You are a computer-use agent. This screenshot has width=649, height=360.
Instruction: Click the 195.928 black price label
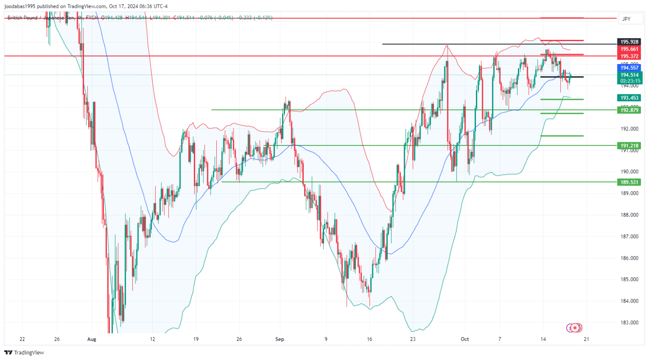629,42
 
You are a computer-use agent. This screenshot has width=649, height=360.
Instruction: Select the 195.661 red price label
629,49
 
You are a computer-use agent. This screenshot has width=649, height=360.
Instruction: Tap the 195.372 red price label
629,57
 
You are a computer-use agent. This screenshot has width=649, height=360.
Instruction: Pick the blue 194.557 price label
629,68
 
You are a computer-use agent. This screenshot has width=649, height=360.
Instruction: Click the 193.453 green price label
629,98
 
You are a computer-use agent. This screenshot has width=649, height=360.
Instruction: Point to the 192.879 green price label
629,110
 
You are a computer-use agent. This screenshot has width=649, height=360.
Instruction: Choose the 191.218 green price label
629,146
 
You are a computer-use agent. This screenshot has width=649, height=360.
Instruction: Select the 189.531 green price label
629,182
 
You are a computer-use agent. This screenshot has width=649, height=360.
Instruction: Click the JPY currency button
626,19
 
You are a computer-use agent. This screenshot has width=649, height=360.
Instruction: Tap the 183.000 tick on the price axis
629,323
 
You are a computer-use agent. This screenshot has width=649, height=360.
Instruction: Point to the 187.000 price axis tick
629,237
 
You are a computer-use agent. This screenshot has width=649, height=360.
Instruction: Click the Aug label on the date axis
91,339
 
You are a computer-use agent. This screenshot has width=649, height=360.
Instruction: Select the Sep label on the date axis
280,339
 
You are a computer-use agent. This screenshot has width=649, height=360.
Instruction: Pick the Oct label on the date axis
465,339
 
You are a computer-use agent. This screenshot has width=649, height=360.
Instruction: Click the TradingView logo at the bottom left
24,353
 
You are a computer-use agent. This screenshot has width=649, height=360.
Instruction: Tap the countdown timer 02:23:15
630,81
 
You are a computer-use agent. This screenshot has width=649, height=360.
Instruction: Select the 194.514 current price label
629,75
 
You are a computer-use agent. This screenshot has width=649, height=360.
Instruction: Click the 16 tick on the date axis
369,339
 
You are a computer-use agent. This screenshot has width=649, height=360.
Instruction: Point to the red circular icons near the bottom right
575,328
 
